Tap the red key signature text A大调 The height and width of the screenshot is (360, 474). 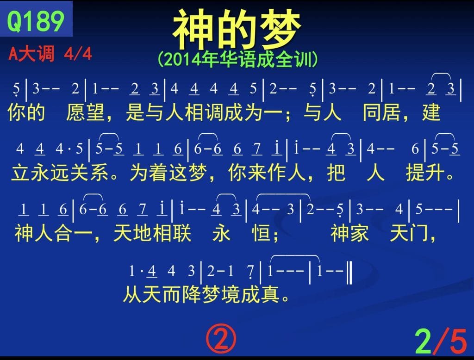point(32,54)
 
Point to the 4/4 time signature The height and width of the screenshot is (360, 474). point(78,54)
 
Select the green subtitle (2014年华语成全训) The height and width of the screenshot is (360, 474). point(237,59)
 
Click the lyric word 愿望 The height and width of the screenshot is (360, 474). point(85,112)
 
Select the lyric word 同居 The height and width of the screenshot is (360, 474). point(382,112)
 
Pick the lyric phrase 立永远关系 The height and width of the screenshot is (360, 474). point(60,173)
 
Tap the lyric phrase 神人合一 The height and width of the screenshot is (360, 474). point(54,233)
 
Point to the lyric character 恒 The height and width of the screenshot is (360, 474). point(261,233)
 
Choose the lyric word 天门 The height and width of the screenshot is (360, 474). point(409,233)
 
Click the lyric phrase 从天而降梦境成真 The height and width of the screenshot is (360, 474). point(201,294)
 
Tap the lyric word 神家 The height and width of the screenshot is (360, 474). point(349,233)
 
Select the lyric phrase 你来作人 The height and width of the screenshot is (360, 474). point(267,173)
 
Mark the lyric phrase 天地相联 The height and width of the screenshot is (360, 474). point(152,233)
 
